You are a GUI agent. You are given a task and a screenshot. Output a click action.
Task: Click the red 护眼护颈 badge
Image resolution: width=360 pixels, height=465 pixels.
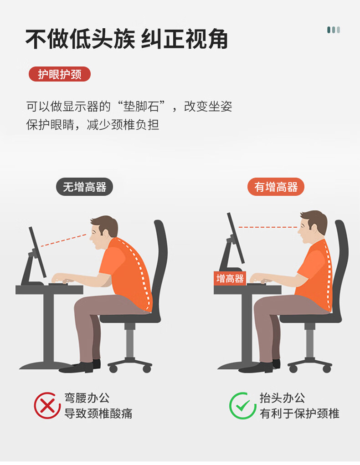tap(59, 74)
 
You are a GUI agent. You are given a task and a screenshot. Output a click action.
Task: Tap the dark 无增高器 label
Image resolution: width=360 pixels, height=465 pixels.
tap(85, 187)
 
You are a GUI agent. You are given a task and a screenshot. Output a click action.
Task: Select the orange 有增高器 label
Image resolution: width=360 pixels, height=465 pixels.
tap(276, 187)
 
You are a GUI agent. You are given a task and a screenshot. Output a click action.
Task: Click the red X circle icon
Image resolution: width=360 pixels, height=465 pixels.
tap(47, 405)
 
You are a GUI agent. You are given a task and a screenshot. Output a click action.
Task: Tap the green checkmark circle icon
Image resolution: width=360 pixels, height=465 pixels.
tap(242, 405)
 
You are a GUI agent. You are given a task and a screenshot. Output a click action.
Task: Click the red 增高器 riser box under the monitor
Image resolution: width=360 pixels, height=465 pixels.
tap(230, 278)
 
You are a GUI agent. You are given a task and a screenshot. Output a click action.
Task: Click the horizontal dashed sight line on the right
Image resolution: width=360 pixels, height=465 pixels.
tap(267, 227)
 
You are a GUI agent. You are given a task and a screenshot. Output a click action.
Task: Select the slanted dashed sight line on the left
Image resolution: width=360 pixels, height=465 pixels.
tap(63, 240)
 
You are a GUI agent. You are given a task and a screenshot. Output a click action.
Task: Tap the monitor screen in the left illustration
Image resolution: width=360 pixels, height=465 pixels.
tap(37, 252)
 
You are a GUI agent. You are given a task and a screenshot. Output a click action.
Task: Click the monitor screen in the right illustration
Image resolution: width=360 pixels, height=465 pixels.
tap(236, 238)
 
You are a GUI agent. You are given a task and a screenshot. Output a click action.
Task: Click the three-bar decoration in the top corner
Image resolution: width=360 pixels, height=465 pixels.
tap(334, 30)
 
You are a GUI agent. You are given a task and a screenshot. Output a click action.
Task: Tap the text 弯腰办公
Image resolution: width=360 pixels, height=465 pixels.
tap(87, 398)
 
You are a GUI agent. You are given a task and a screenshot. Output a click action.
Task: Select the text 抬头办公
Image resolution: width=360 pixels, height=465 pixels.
tap(282, 398)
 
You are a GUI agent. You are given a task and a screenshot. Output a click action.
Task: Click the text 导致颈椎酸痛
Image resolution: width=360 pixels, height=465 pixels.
tap(98, 414)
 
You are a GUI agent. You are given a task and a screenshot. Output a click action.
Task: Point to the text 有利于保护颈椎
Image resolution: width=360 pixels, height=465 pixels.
tap(299, 414)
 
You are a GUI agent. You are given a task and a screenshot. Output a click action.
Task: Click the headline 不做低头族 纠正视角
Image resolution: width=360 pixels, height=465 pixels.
tap(127, 39)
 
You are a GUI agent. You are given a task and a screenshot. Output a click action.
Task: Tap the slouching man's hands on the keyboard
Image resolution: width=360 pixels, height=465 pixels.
tap(62, 279)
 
